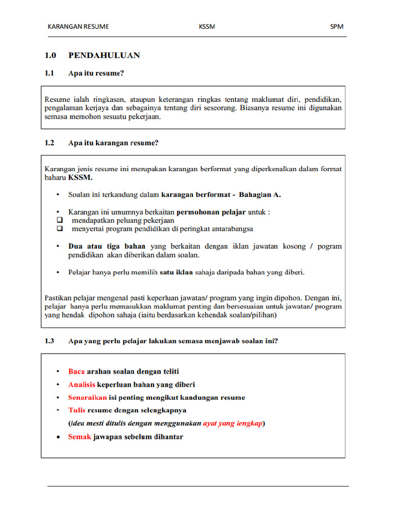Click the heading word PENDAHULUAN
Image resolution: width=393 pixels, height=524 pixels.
click(104, 55)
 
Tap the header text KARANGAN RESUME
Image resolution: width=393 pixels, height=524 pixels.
click(78, 27)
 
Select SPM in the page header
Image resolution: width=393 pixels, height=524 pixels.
click(337, 27)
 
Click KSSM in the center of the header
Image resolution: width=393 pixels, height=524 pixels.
click(207, 27)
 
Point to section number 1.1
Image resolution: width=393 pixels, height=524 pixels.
click(49, 73)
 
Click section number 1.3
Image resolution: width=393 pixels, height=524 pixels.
click(49, 341)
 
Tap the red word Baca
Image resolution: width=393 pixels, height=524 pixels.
click(76, 372)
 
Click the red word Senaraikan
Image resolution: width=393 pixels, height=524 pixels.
click(88, 397)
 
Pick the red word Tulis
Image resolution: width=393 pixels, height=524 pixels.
click(77, 410)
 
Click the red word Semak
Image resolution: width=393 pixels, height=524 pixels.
click(79, 436)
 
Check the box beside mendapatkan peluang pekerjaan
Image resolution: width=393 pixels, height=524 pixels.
click(60, 220)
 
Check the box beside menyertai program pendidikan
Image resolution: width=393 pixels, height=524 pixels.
click(60, 229)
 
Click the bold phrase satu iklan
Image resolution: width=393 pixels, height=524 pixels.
click(176, 272)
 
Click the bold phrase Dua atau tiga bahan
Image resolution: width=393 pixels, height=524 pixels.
click(106, 246)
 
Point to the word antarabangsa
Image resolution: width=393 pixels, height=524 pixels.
click(230, 229)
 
